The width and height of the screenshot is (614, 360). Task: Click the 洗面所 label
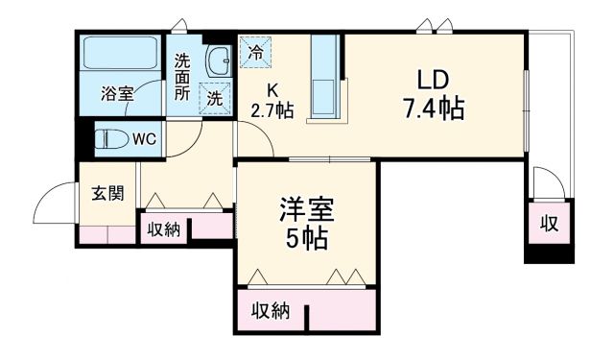pos(182,77)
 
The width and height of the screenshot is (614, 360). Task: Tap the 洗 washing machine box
pos(215,97)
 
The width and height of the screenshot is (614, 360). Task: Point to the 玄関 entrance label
pos(106,193)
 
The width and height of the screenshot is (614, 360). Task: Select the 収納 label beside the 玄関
pos(163,229)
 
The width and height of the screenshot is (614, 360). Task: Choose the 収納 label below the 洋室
pos(271,310)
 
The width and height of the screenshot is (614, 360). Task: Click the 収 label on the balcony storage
pos(549,226)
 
